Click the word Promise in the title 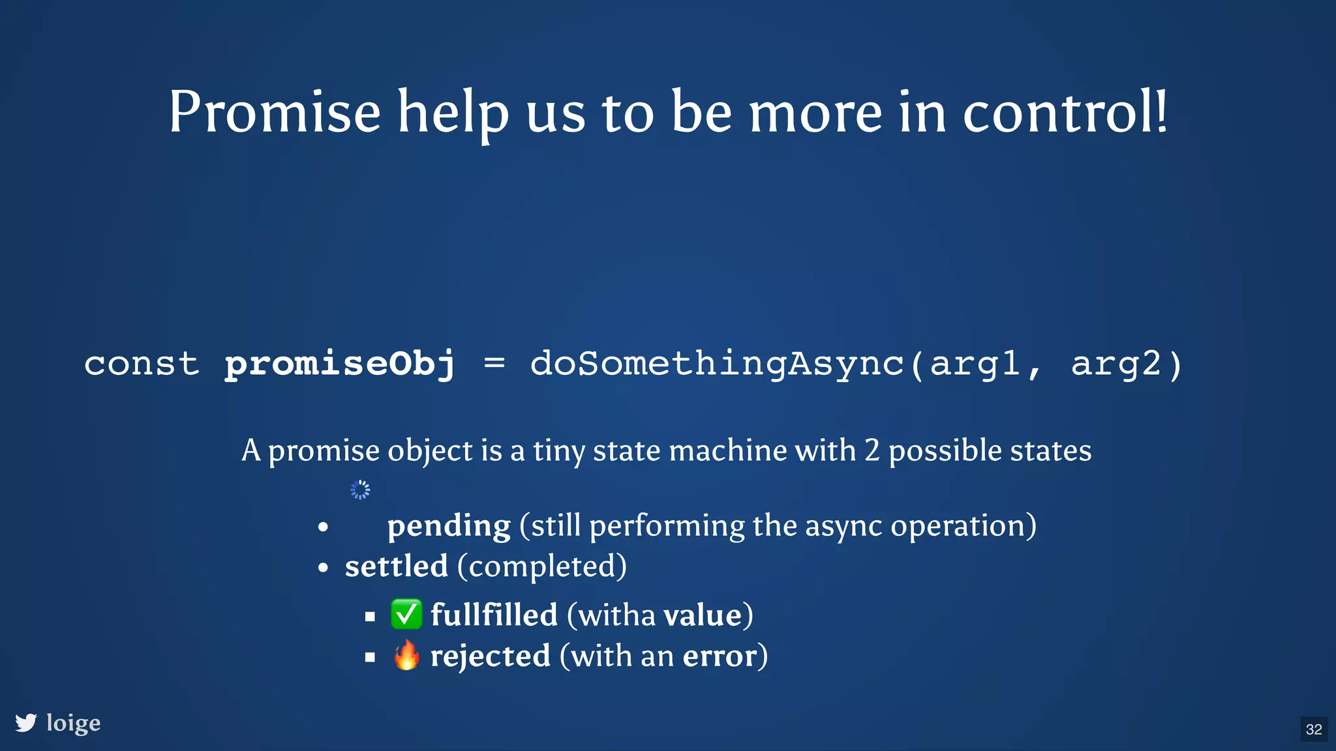point(274,112)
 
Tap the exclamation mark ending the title point(1161,111)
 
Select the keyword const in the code point(142,364)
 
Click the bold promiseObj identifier point(340,364)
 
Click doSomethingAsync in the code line point(716,364)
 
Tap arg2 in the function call point(1116,364)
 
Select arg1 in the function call point(975,364)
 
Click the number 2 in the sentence point(872,450)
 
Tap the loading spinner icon point(360,490)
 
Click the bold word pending point(449,525)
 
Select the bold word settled point(396,566)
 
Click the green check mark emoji point(406,614)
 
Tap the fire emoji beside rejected point(406,655)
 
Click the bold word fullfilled point(494,615)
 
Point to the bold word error point(720,656)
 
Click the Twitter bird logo point(26,722)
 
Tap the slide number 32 point(1314,729)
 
